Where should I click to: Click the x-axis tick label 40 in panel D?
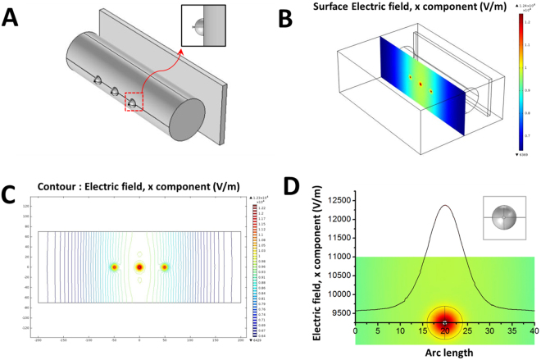click(x=534, y=330)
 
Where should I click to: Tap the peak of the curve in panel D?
click(x=445, y=206)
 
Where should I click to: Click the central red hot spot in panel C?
click(x=139, y=267)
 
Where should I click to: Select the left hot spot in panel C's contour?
click(x=114, y=267)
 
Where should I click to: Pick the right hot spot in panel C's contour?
click(x=165, y=267)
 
